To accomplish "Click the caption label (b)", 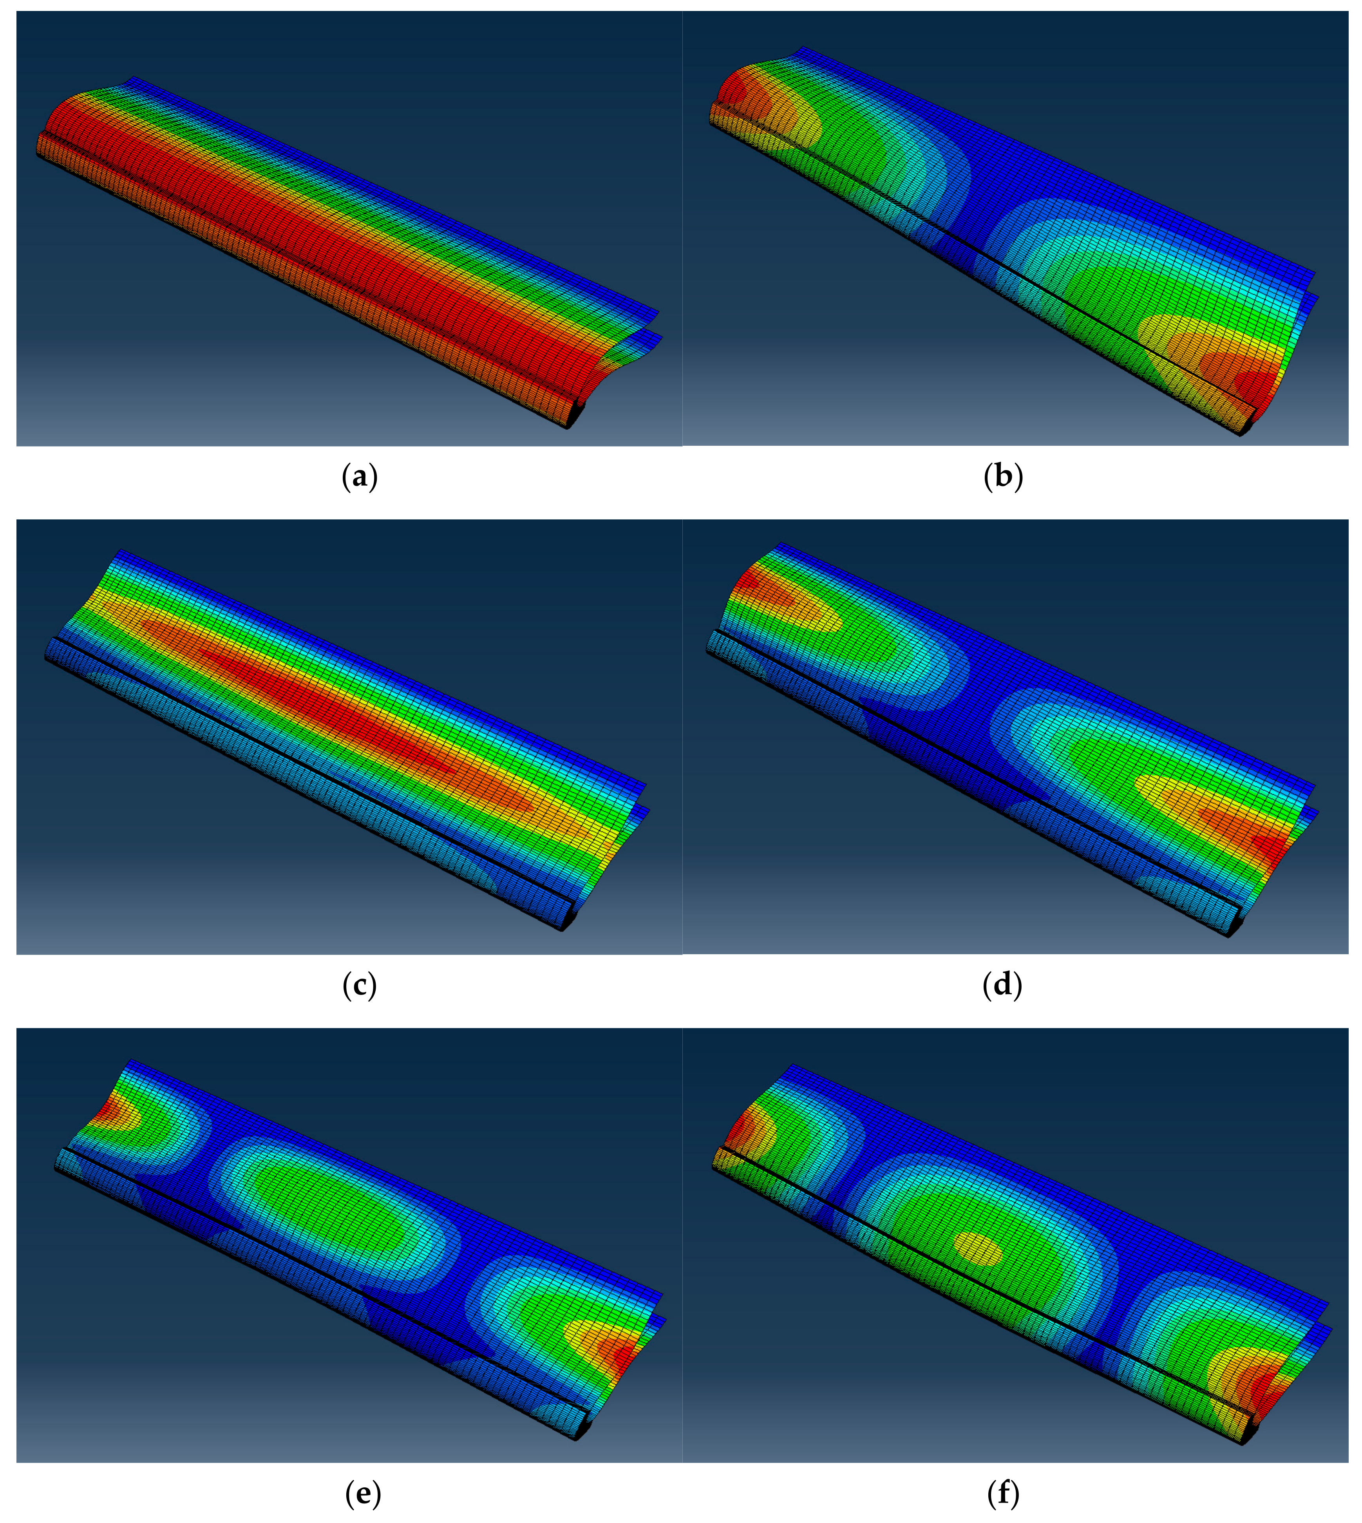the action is (x=1003, y=477).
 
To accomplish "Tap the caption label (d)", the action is (x=1003, y=986).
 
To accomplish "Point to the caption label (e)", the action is (x=363, y=1494).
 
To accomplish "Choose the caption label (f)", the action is (x=1003, y=1494).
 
